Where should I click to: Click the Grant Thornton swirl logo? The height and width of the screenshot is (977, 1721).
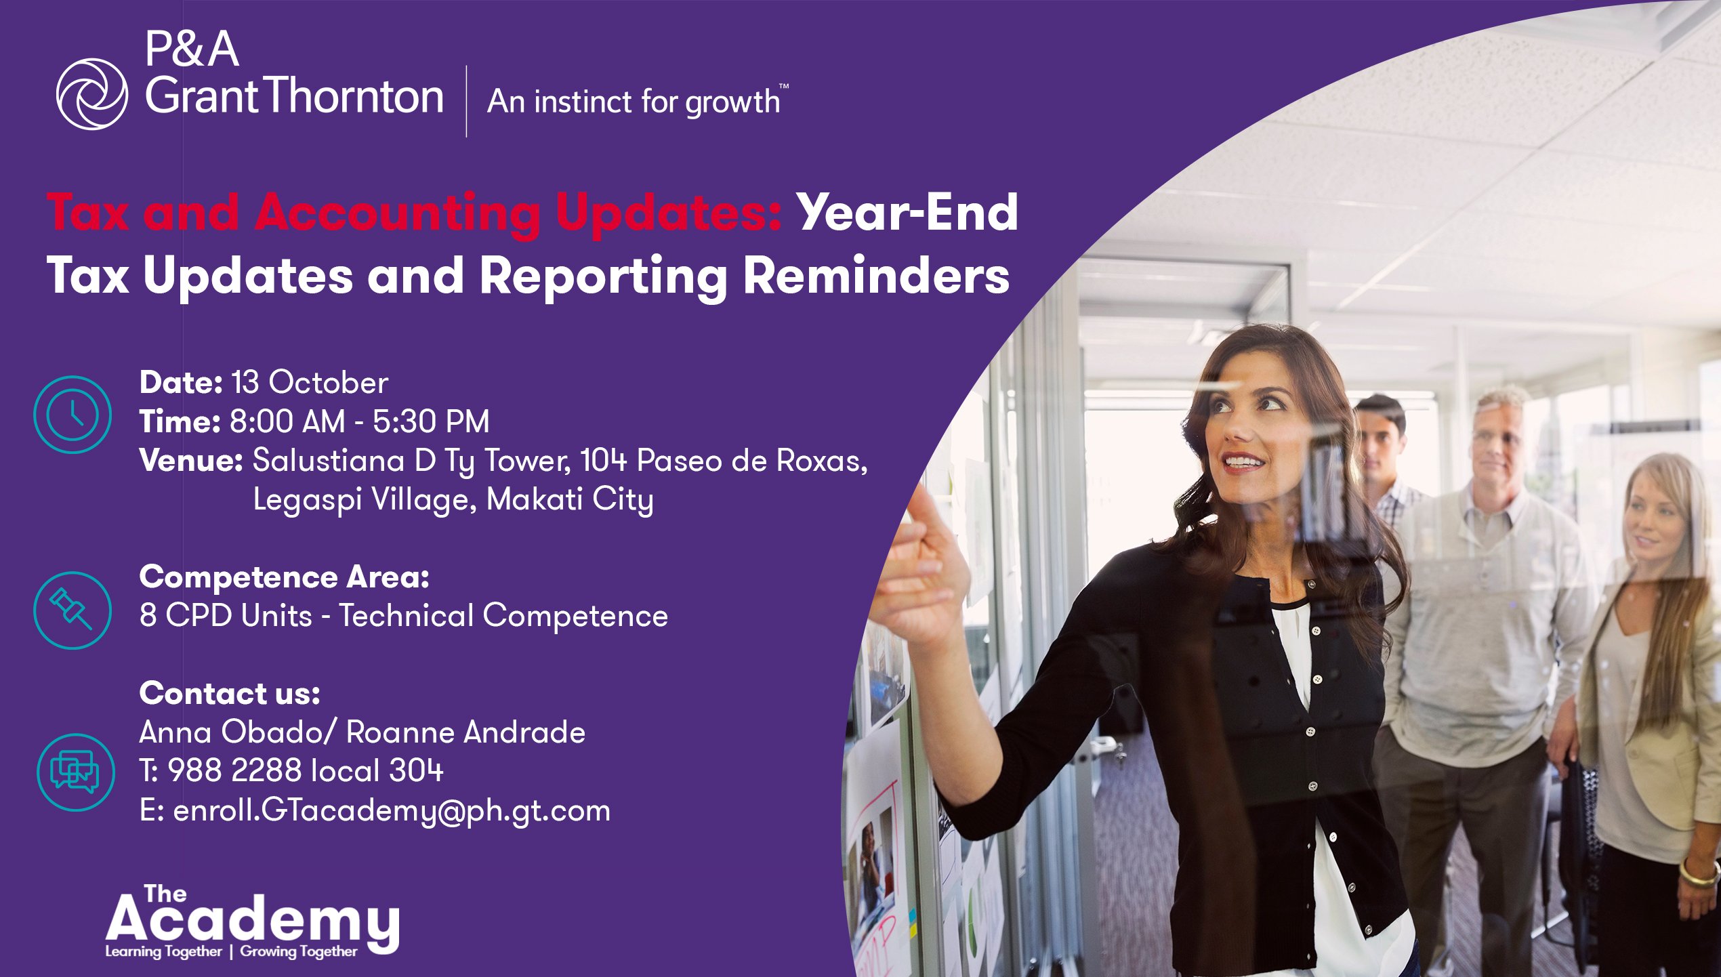[x=91, y=94]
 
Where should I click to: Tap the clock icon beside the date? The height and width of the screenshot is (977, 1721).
[x=72, y=414]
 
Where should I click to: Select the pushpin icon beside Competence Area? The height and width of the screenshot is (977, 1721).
[x=72, y=610]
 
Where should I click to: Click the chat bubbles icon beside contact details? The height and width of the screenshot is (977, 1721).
[x=75, y=772]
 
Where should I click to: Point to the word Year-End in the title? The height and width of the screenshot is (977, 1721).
[x=907, y=213]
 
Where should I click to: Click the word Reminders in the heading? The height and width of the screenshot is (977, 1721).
[x=877, y=276]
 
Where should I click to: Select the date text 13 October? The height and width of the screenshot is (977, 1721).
[x=310, y=383]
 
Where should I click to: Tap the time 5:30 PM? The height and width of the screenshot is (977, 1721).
[x=431, y=421]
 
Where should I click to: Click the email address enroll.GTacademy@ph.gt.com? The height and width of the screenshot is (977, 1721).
[x=392, y=811]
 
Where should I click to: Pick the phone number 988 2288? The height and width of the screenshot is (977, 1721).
[x=234, y=770]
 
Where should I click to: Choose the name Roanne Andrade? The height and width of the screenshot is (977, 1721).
[x=465, y=732]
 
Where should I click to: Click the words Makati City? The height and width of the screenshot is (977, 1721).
[x=570, y=500]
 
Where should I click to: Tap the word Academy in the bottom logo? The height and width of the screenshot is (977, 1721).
[x=252, y=920]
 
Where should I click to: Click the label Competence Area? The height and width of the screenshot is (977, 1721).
[x=285, y=577]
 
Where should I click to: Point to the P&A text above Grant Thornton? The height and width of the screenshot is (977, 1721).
[x=192, y=49]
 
